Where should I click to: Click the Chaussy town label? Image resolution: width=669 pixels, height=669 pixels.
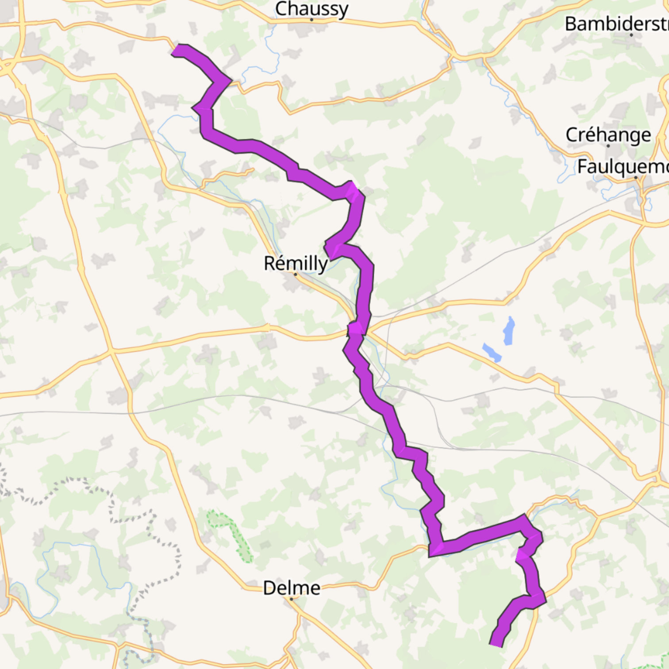click(x=311, y=9)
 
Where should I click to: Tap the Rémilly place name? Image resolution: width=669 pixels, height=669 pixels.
click(x=296, y=263)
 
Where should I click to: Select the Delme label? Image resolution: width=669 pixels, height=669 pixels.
click(x=292, y=588)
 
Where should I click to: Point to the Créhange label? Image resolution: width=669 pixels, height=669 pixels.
click(x=608, y=135)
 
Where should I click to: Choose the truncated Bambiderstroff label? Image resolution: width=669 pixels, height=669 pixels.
click(x=616, y=24)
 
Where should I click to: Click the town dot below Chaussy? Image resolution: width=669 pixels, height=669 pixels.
click(x=311, y=19)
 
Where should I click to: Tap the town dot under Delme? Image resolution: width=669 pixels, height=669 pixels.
click(x=292, y=599)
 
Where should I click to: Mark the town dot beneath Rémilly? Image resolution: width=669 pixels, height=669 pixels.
click(x=296, y=274)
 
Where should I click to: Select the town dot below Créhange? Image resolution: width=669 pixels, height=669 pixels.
click(x=608, y=146)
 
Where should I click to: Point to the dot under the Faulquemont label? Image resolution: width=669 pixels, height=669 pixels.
click(x=636, y=177)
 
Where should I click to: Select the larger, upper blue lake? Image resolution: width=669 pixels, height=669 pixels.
click(x=509, y=331)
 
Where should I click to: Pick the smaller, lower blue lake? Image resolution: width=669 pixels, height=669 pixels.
click(x=492, y=353)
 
